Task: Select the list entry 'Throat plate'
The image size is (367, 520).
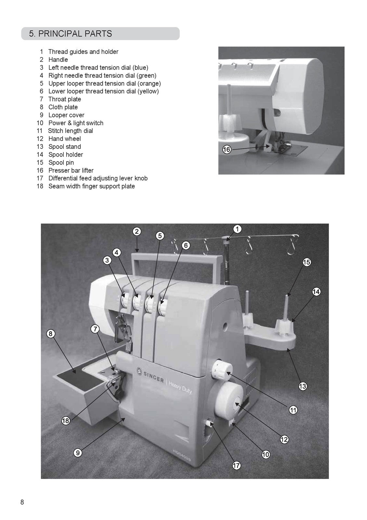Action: click(x=64, y=99)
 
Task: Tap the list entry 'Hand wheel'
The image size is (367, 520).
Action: click(x=64, y=139)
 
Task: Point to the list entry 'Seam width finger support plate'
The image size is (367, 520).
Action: click(x=91, y=186)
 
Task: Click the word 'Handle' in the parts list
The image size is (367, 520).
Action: click(x=58, y=59)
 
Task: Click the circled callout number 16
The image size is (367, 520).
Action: click(x=227, y=150)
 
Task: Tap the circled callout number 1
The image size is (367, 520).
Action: click(x=237, y=229)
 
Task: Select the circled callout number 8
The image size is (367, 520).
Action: click(x=50, y=333)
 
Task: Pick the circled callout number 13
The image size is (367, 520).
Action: click(x=303, y=386)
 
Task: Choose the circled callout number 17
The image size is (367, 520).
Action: click(x=236, y=465)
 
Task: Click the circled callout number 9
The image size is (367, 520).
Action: click(x=77, y=453)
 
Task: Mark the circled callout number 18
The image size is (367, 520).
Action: click(x=66, y=421)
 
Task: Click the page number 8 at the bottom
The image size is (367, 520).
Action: click(x=22, y=502)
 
